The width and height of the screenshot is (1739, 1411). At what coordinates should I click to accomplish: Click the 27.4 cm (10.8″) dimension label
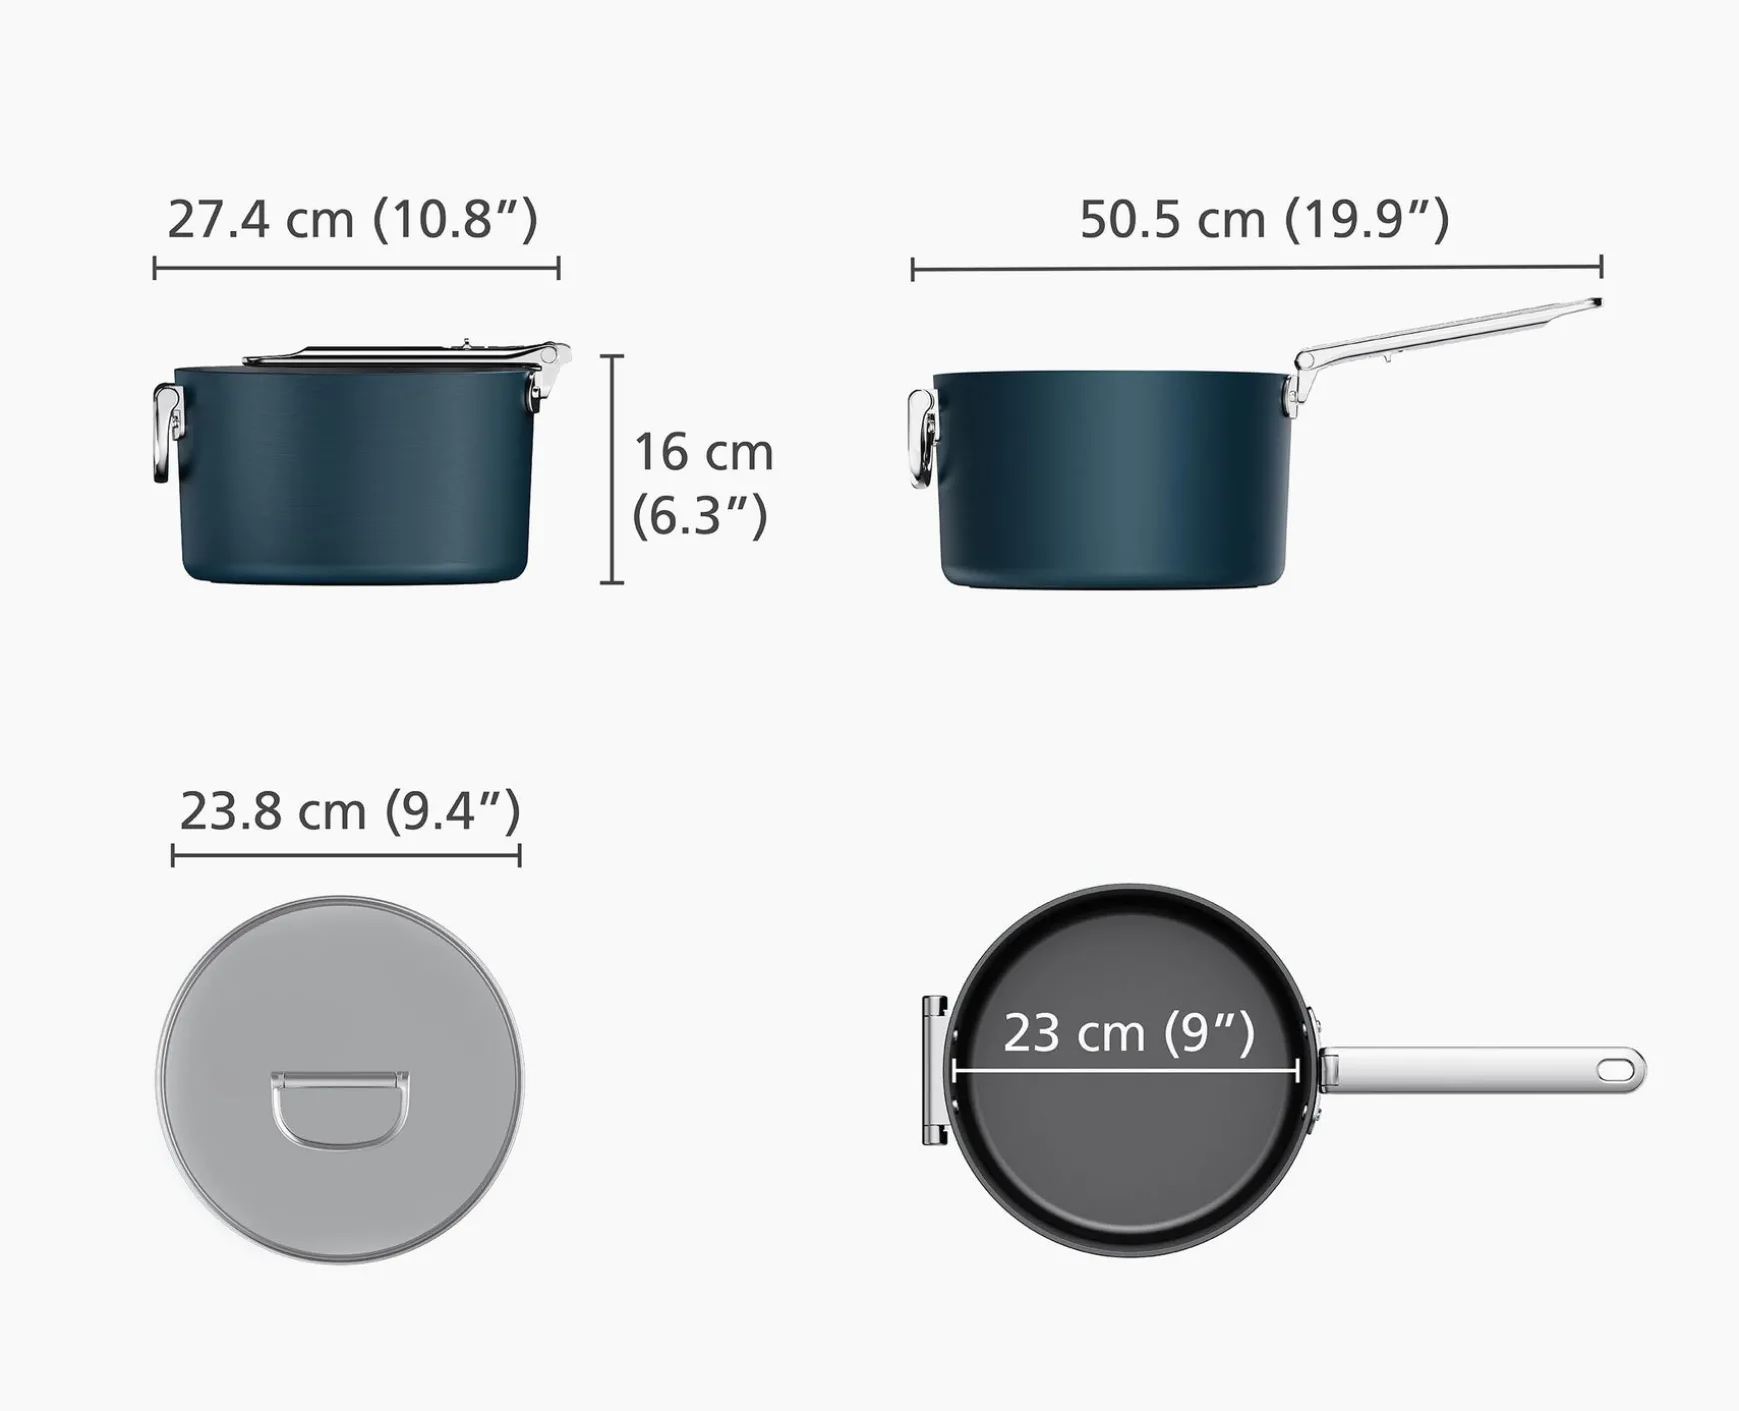[x=352, y=219]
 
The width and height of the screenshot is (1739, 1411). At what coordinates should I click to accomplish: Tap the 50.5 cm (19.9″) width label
[x=1264, y=219]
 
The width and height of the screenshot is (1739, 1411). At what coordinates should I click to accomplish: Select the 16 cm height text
[x=703, y=452]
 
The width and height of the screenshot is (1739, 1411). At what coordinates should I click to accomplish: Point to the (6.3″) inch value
[x=700, y=515]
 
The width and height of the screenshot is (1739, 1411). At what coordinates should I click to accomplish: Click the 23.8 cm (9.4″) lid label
[x=350, y=810]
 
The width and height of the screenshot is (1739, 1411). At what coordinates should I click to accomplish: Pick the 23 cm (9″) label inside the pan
[x=1128, y=1033]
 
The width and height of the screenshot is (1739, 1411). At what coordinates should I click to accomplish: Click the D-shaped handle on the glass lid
[x=340, y=1109]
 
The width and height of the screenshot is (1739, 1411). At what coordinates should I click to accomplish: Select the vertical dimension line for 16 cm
[x=612, y=469]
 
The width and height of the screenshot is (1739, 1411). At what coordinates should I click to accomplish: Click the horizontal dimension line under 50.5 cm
[x=1256, y=268]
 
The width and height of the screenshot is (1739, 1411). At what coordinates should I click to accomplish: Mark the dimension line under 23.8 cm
[x=346, y=855]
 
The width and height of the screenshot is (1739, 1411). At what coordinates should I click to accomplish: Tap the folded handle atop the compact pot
[x=400, y=354]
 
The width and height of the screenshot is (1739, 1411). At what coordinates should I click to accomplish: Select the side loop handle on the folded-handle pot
[x=166, y=433]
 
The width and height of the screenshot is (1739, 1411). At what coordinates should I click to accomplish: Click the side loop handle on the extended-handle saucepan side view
[x=921, y=439]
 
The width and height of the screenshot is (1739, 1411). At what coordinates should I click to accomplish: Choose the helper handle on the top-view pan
[x=935, y=1070]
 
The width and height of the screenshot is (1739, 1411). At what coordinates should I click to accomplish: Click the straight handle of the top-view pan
[x=1479, y=1070]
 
